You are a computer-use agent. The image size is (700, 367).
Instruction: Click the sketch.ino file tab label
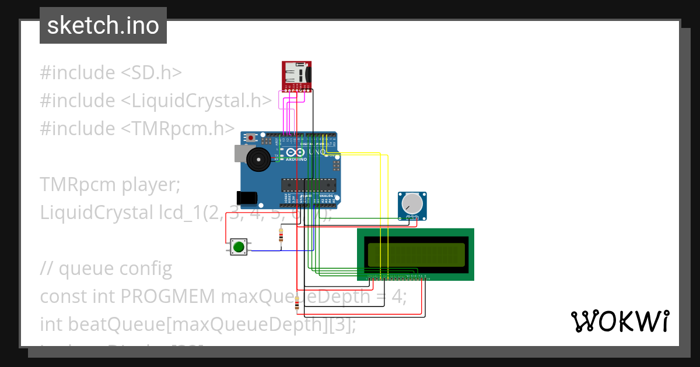tap(103, 26)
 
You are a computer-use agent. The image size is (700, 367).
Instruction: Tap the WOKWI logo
tap(619, 321)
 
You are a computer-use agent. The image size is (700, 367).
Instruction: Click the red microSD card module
tap(296, 75)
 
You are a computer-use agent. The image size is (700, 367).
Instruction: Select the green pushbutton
tap(238, 247)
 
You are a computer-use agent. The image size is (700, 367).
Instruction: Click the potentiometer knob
tap(412, 203)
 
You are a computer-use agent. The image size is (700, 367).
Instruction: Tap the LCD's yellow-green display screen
tap(416, 253)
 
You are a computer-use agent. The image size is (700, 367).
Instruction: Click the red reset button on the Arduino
tap(251, 138)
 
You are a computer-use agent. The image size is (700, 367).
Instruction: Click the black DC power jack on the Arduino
tap(247, 197)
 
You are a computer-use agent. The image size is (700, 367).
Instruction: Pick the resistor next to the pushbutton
tap(281, 235)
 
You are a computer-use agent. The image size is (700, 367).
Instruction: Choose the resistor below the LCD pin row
tap(297, 303)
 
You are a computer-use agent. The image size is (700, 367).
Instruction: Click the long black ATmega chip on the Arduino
tap(309, 185)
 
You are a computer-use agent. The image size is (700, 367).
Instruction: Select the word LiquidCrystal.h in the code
tap(195, 101)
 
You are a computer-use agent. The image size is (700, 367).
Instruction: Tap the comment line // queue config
tap(106, 269)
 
